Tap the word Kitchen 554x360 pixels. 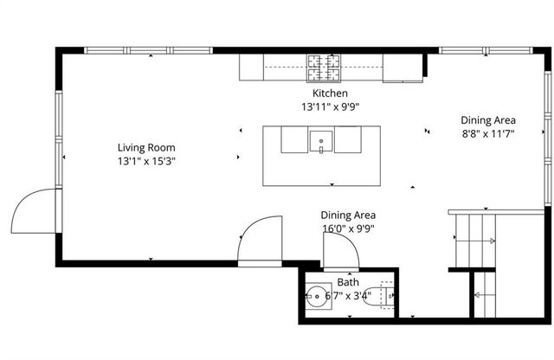(330, 93)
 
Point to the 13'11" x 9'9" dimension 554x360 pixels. (330, 107)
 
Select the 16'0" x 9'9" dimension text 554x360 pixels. (348, 229)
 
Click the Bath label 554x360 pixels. (348, 282)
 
